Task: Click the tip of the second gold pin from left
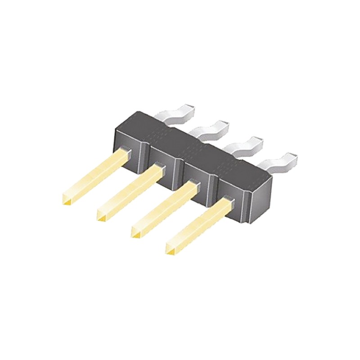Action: click(x=102, y=217)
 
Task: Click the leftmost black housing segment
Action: click(x=130, y=135)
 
